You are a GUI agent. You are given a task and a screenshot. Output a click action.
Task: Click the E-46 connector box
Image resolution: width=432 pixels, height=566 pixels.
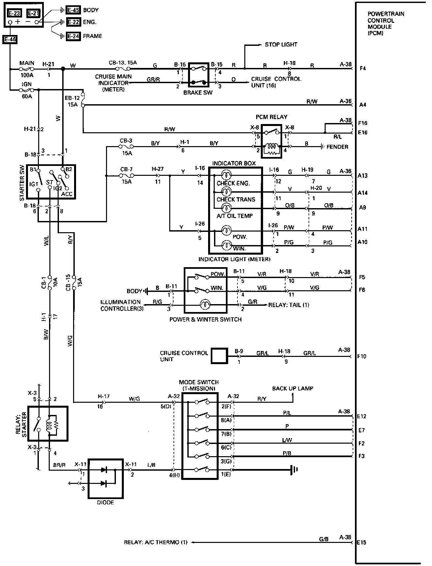pyautogui.click(x=10, y=40)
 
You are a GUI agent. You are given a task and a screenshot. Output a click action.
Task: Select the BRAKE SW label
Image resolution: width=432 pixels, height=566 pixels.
pyautogui.click(x=198, y=93)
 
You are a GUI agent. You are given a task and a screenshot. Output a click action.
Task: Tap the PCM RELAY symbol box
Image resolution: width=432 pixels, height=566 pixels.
pyautogui.click(x=271, y=141)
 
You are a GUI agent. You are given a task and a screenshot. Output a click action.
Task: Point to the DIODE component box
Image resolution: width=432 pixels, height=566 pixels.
pyautogui.click(x=106, y=478)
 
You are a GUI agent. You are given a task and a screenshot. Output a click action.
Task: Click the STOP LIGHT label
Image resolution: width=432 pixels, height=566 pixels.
pyautogui.click(x=281, y=45)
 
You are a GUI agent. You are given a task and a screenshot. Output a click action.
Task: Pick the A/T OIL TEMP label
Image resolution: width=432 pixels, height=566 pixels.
pyautogui.click(x=234, y=216)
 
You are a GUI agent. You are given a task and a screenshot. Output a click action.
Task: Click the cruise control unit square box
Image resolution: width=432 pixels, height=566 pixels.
pyautogui.click(x=219, y=356)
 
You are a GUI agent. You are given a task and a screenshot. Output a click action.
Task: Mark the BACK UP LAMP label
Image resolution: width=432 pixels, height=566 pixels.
pyautogui.click(x=292, y=388)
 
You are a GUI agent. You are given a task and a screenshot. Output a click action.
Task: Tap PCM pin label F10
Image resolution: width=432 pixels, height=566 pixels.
pyautogui.click(x=362, y=356)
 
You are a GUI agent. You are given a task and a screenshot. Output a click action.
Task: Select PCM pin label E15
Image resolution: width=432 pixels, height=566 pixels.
pyautogui.click(x=362, y=542)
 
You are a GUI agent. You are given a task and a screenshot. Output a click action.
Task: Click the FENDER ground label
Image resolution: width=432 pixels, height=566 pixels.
pyautogui.click(x=337, y=147)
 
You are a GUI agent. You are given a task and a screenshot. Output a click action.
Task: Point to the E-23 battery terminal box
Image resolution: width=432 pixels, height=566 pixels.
pyautogui.click(x=14, y=13)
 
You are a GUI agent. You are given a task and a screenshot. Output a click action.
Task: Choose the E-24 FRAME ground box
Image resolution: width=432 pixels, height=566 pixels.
pyautogui.click(x=73, y=36)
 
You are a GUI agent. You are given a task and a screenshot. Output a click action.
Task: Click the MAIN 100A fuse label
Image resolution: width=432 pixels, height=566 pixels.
pyautogui.click(x=27, y=69)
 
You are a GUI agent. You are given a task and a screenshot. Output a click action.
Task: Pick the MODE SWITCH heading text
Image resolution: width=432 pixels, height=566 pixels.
pyautogui.click(x=199, y=385)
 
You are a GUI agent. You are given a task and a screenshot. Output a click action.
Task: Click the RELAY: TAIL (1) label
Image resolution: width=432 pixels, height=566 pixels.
pyautogui.click(x=288, y=305)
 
